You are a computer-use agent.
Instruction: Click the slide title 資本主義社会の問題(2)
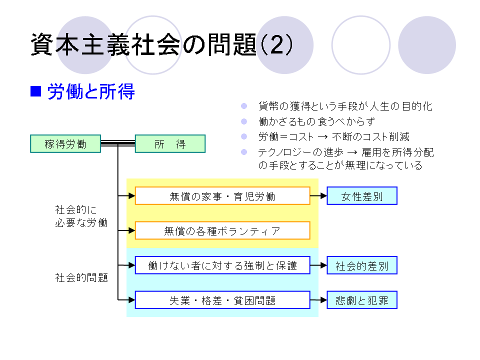point(161,45)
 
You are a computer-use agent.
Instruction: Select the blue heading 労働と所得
point(91,92)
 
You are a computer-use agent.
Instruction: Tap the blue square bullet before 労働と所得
point(35,91)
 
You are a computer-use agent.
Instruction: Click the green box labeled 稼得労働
point(65,144)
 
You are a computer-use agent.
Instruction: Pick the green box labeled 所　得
point(170,144)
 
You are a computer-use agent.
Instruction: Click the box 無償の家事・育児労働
point(222,196)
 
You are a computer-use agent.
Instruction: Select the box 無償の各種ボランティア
point(222,230)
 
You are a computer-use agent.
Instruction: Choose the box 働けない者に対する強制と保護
point(222,265)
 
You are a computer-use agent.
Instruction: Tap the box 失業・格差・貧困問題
point(222,300)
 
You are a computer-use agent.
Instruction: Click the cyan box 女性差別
point(362,196)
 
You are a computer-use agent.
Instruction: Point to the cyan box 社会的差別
point(362,265)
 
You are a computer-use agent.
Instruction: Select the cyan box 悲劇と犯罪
point(362,300)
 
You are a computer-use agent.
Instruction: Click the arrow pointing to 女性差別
point(318,196)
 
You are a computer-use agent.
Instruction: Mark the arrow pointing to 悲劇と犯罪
point(318,300)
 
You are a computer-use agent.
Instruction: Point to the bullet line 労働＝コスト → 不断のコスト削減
point(334,136)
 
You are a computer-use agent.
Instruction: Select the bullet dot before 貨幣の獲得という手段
point(244,106)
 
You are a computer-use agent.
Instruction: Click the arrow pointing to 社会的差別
point(318,265)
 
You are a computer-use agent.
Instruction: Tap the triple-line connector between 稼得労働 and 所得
point(118,144)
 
